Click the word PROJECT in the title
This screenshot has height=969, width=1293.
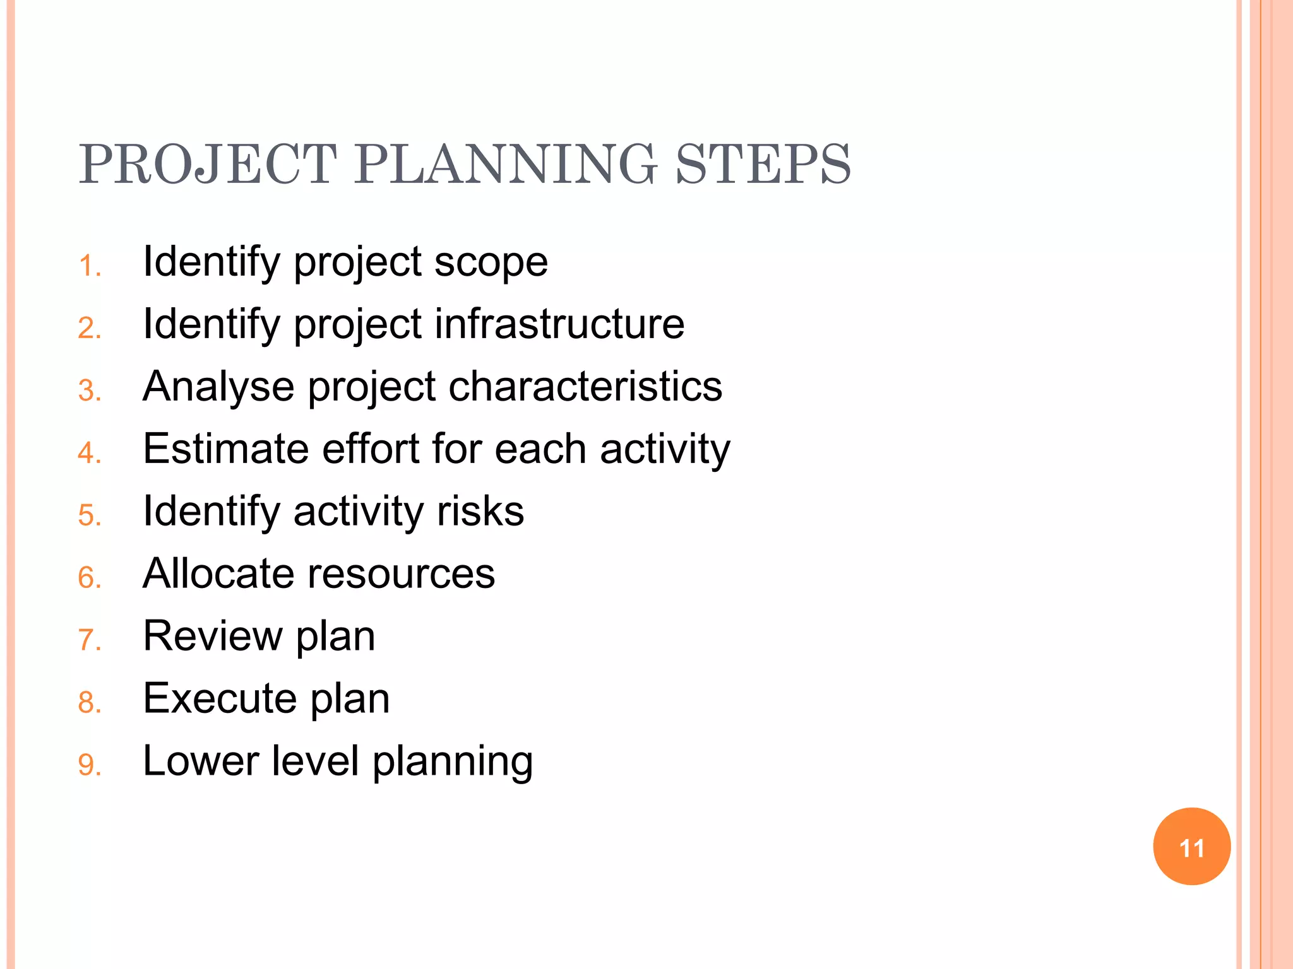click(x=208, y=164)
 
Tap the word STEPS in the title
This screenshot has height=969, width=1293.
click(x=763, y=164)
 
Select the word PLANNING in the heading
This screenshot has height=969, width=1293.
click(x=505, y=164)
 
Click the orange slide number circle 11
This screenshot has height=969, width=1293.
click(x=1191, y=847)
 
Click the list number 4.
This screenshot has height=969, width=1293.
click(x=89, y=453)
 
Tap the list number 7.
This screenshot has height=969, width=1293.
click(x=89, y=640)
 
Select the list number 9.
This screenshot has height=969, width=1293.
click(x=89, y=765)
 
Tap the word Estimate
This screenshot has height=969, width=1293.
click(x=225, y=449)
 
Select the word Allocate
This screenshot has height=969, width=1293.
click(x=218, y=573)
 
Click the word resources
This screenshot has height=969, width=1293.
click(x=401, y=573)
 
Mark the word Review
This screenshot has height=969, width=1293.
click(x=213, y=635)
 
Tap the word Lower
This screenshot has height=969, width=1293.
click(x=201, y=760)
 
